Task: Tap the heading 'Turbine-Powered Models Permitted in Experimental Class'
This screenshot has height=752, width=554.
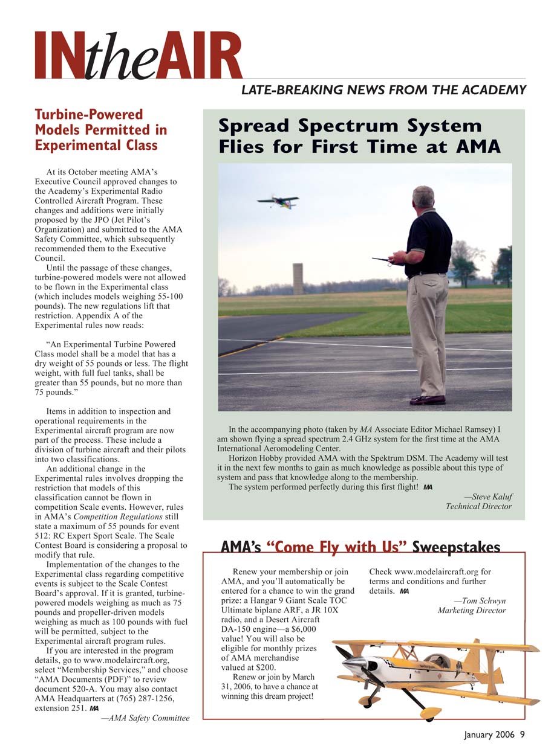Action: click(x=100, y=130)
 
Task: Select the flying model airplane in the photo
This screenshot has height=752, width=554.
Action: click(x=278, y=202)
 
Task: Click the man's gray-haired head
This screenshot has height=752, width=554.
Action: click(x=423, y=197)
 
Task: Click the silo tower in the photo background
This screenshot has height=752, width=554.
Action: click(x=298, y=278)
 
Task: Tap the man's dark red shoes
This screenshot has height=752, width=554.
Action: click(x=428, y=400)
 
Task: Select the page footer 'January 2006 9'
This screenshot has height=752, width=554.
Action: click(x=494, y=735)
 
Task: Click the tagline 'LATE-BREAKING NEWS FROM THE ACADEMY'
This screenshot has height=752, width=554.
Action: click(x=383, y=91)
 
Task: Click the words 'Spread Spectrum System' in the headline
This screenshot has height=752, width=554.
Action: click(x=350, y=126)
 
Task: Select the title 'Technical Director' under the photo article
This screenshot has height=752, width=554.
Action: click(x=478, y=506)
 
